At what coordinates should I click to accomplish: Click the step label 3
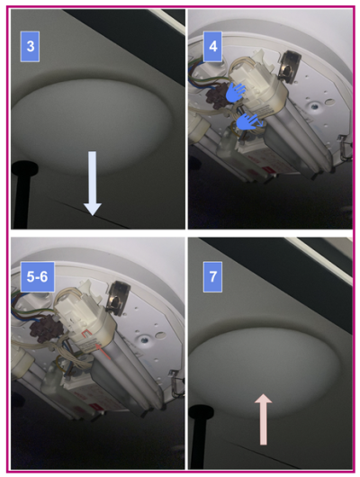(30, 47)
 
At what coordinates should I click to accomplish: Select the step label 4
(212, 47)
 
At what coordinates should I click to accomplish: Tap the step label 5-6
(38, 277)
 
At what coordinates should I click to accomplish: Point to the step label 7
(212, 277)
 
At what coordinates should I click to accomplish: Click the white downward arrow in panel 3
(92, 184)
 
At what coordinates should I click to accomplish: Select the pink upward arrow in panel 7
(263, 419)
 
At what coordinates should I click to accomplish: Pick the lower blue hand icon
(247, 122)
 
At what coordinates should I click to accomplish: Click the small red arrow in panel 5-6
(103, 350)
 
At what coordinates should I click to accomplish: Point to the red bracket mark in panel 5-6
(87, 335)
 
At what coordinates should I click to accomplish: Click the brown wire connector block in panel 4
(217, 95)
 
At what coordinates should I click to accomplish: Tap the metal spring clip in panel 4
(289, 67)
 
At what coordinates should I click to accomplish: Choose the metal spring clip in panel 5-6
(119, 298)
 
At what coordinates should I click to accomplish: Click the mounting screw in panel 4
(313, 107)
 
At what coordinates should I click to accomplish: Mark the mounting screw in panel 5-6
(144, 338)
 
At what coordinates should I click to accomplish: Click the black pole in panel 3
(23, 194)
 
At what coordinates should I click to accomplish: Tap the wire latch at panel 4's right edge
(345, 148)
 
